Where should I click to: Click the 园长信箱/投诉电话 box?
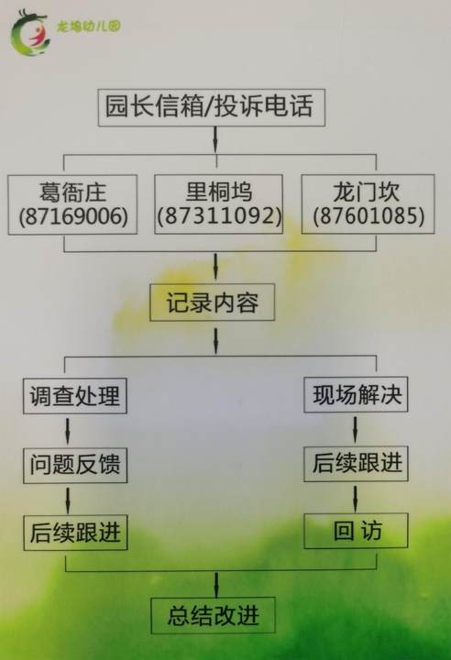[212, 107]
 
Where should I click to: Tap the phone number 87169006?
[73, 216]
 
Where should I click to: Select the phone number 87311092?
[219, 216]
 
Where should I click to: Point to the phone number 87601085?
[368, 216]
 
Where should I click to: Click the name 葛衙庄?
[72, 192]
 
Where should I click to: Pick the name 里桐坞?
[219, 192]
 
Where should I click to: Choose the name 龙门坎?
[367, 192]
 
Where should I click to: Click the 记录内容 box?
[213, 302]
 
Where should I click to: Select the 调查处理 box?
[75, 396]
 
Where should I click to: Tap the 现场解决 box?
[356, 394]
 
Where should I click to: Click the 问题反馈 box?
[75, 465]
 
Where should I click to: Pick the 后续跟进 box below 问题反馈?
[75, 533]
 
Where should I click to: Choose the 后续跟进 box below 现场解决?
[356, 464]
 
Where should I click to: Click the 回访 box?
[356, 531]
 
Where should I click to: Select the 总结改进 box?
[213, 615]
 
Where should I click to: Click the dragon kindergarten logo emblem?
[30, 34]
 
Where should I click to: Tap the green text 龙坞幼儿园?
[88, 27]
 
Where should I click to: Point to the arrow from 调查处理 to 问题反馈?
[68, 431]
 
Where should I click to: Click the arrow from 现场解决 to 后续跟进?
[355, 429]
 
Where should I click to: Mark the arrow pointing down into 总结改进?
[216, 585]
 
